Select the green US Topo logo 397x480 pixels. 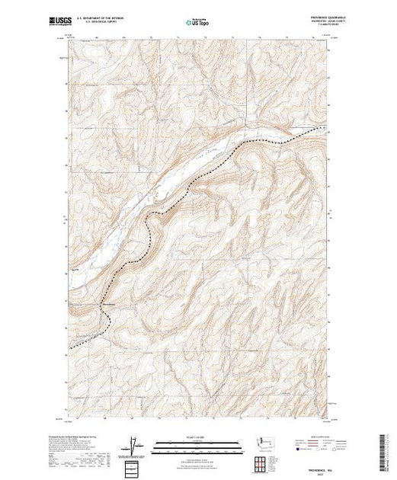[199, 23]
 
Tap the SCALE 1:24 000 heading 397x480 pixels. [199, 437]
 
